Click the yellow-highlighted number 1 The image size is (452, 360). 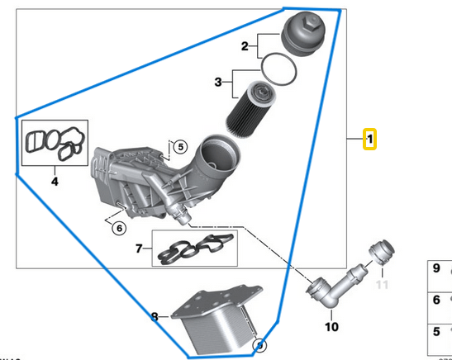pos(371,140)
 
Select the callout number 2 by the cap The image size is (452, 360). pos(245,46)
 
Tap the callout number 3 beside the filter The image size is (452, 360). pos(219,82)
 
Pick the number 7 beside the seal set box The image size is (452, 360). pos(140,247)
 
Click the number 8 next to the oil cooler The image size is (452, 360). pos(155,315)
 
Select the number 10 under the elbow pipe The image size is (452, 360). pos(331,327)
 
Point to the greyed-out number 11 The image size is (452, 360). pos(381,285)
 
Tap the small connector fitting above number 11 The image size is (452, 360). pos(383,251)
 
